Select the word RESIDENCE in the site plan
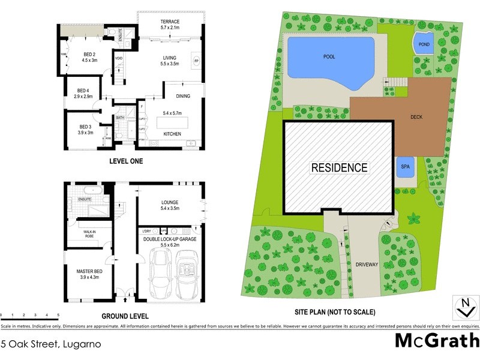coord(339,167)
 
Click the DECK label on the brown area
coord(418,118)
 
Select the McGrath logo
coord(436,341)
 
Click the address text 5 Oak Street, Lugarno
coord(50,344)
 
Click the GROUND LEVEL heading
coord(124,316)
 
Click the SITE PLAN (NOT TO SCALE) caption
coord(335,312)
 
